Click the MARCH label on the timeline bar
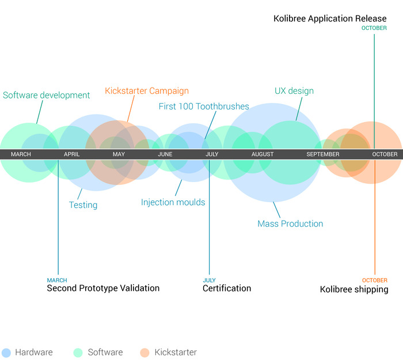21,154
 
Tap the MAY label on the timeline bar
119,154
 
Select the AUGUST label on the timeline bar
263,154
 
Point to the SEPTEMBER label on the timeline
323,154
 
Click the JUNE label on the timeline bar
165,154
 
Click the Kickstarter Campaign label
147,91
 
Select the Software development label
46,96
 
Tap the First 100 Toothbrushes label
204,107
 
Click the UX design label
294,91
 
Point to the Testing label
83,205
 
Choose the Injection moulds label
173,203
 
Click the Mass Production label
290,223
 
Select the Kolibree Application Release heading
330,19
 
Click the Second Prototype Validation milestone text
103,289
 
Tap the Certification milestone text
227,289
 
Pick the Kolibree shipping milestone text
354,290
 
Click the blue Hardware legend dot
6,353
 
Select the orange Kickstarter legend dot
145,353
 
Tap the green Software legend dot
78,353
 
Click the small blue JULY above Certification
209,281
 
